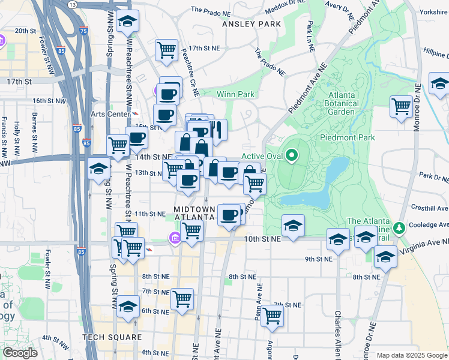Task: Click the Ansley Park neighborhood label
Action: pyautogui.click(x=247, y=24)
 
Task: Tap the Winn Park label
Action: pyautogui.click(x=235, y=94)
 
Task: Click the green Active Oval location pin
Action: pyautogui.click(x=292, y=156)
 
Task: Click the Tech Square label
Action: pyautogui.click(x=113, y=337)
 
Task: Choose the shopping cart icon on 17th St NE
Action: pyautogui.click(x=166, y=50)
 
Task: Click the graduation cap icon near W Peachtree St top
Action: pyautogui.click(x=127, y=22)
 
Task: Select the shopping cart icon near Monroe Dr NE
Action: pyautogui.click(x=401, y=107)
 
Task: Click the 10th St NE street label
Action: pyautogui.click(x=263, y=239)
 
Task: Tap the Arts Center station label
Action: pyautogui.click(x=110, y=114)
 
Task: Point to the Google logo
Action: pyautogui.click(x=20, y=353)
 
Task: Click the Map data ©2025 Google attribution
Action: pyautogui.click(x=412, y=355)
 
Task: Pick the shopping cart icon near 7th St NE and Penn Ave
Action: pyautogui.click(x=273, y=316)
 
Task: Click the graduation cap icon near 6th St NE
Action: pyautogui.click(x=127, y=307)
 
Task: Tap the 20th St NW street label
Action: pyautogui.click(x=26, y=31)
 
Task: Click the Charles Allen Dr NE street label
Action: pyautogui.click(x=338, y=333)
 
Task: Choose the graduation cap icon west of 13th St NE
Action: pyautogui.click(x=98, y=169)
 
